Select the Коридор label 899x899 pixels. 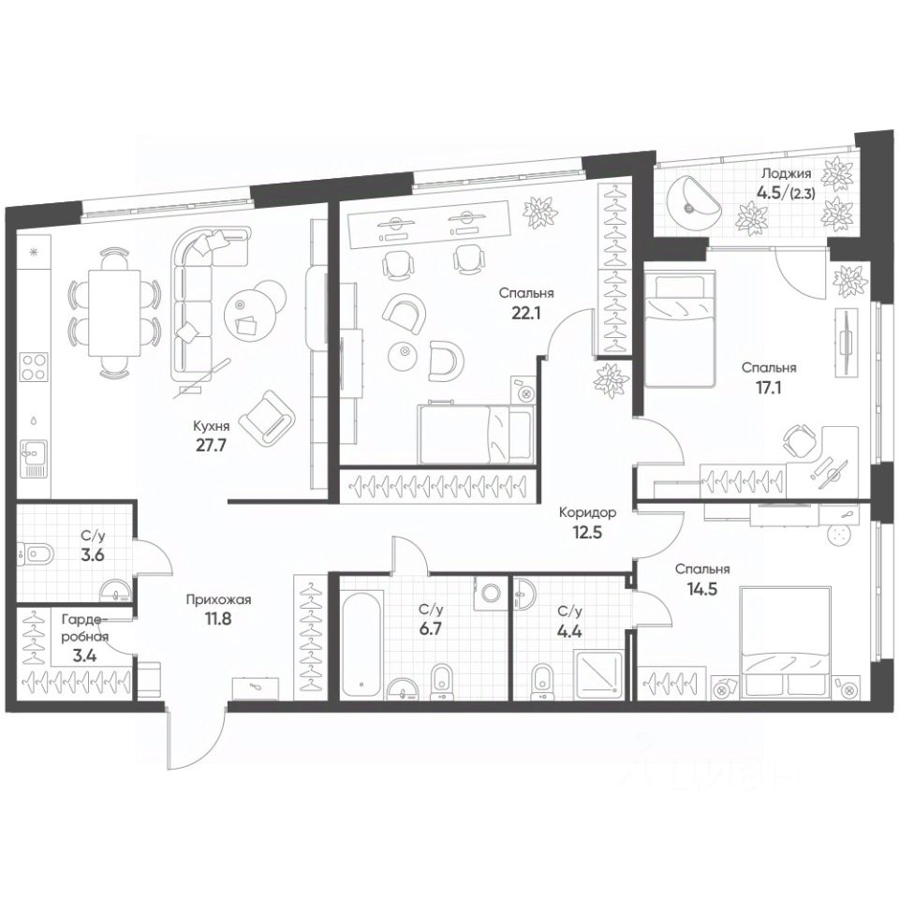[x=586, y=513]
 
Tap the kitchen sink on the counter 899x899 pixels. [x=34, y=455]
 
